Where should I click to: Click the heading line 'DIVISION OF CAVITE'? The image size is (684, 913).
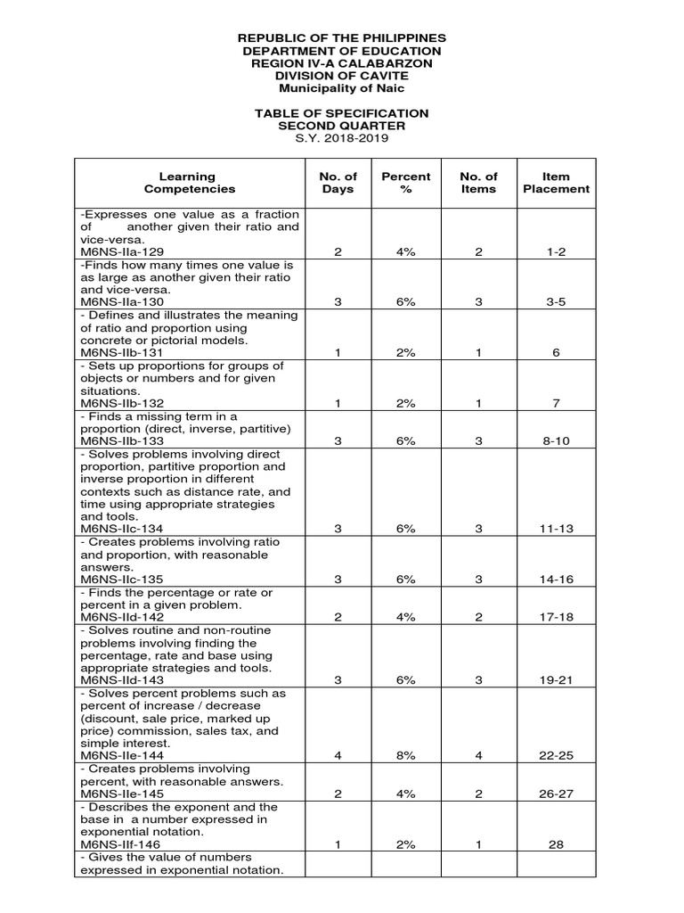[x=342, y=76]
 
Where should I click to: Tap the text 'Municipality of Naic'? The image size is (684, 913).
[x=342, y=88]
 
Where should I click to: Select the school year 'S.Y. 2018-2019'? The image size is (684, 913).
[x=342, y=138]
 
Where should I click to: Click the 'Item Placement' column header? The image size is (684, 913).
[x=556, y=183]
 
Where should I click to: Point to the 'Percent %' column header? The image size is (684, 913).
[x=406, y=183]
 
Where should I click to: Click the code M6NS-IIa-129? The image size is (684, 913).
[x=121, y=252]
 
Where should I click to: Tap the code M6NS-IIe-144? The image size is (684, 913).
[x=121, y=756]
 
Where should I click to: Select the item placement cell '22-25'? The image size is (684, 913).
[x=556, y=756]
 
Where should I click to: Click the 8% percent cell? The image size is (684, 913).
[x=406, y=756]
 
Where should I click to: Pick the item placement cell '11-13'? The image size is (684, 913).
[x=556, y=529]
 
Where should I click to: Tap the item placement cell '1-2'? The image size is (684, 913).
[x=556, y=252]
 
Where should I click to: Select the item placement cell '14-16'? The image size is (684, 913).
[x=556, y=580]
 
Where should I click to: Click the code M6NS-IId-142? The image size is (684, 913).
[x=121, y=617]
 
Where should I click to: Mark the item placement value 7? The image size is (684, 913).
[x=556, y=403]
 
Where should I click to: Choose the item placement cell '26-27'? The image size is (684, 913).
[x=556, y=794]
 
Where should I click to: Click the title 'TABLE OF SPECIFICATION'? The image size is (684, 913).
[x=342, y=113]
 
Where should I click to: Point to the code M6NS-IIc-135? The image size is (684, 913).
[x=121, y=580]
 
